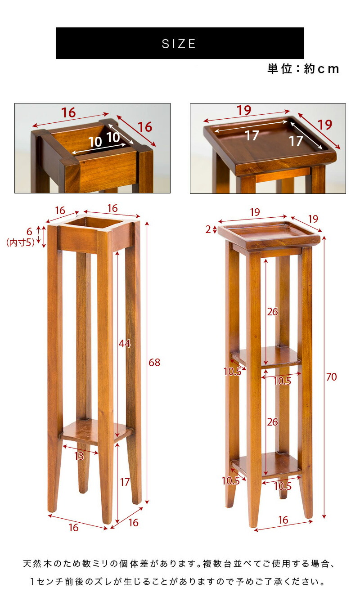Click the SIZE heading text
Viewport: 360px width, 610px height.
179,44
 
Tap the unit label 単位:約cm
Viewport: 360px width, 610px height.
303,69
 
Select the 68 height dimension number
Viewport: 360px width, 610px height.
154,363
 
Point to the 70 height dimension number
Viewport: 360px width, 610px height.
331,377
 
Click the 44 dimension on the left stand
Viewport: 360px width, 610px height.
124,344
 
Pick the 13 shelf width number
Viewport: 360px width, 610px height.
79,456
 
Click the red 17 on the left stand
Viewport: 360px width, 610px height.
125,482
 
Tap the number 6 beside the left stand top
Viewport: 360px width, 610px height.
29,232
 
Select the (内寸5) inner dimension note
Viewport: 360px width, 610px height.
20,243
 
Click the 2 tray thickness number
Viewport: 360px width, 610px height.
208,229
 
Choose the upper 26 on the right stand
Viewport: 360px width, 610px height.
272,312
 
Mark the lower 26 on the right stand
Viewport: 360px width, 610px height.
272,422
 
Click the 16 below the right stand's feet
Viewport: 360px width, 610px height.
283,520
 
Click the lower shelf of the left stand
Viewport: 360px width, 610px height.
94,430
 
